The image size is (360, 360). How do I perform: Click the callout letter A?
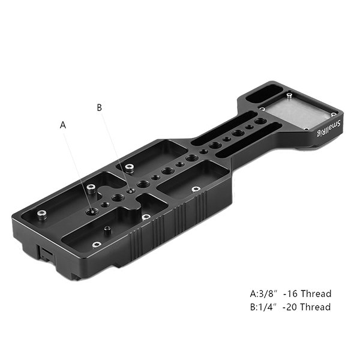63,125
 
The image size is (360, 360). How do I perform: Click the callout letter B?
100,107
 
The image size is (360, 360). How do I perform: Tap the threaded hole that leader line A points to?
90,211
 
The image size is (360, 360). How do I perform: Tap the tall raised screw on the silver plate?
290,95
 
